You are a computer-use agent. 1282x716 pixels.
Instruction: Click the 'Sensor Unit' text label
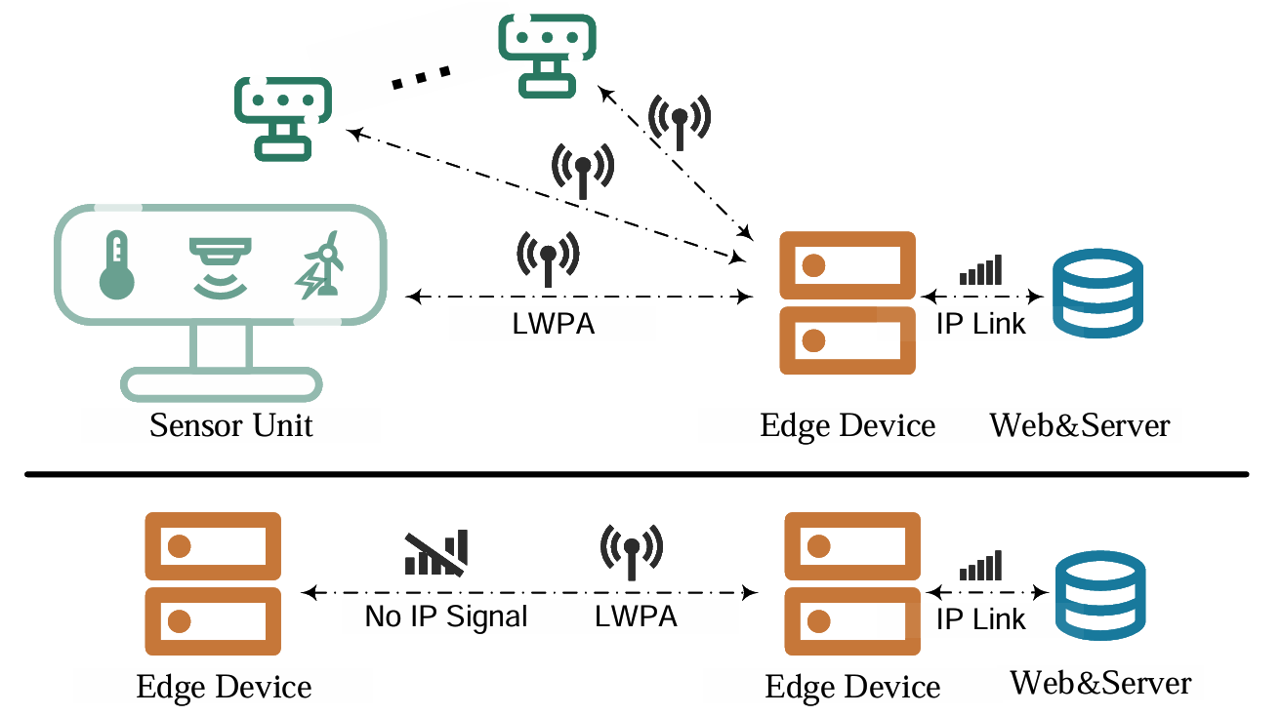231,426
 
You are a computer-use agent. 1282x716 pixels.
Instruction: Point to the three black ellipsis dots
421,78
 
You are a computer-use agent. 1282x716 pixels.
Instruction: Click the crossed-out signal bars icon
436,551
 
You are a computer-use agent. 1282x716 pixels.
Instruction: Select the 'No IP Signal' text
446,617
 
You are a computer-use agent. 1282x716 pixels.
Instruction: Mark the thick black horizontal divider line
636,475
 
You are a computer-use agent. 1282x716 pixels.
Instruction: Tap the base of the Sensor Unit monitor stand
222,383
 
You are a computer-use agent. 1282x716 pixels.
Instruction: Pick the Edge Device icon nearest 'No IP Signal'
213,586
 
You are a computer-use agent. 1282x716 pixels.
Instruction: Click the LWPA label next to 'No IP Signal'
636,617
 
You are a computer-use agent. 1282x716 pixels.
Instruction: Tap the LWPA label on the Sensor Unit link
553,324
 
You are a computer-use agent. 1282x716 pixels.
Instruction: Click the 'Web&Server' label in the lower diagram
1100,682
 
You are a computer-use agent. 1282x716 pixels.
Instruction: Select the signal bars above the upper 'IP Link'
980,269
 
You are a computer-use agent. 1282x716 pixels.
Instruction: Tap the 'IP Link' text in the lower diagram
981,618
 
